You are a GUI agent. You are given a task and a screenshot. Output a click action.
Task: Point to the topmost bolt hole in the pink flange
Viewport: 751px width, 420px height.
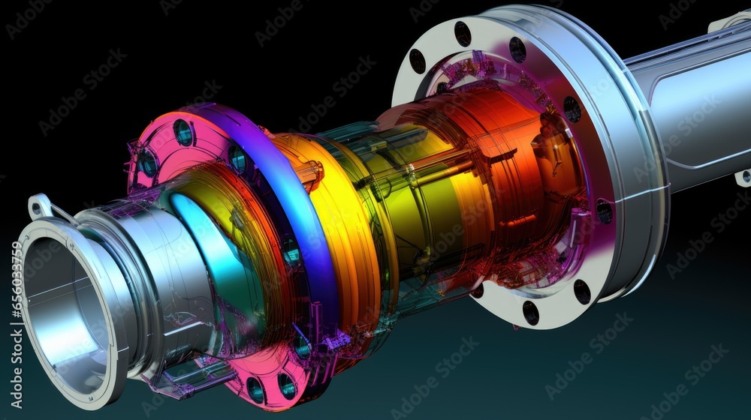point(182,133)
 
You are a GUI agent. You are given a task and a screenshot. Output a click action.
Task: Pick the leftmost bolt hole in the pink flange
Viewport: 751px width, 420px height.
point(147,163)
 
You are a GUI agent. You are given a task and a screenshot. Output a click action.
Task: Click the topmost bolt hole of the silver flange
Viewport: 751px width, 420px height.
point(463,34)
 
